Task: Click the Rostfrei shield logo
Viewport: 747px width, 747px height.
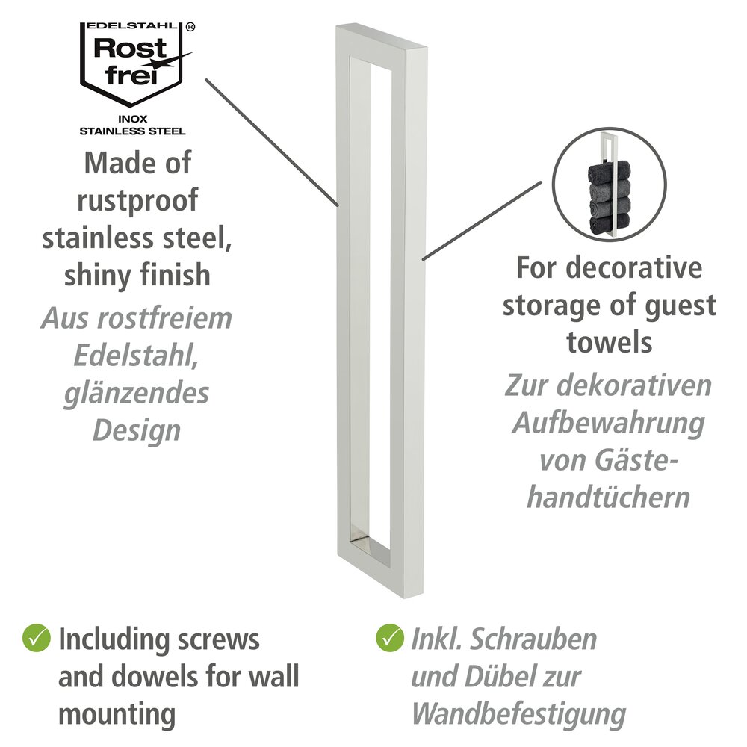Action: point(136,64)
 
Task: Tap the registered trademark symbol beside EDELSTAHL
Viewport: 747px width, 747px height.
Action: point(190,28)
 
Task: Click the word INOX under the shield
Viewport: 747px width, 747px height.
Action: point(133,119)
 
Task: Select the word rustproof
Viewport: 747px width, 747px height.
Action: point(137,200)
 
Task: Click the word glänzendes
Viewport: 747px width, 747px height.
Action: point(137,394)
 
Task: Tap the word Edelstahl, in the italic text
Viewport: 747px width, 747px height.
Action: point(136,356)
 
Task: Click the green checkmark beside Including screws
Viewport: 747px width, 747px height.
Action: point(36,639)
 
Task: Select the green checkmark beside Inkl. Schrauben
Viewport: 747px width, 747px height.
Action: point(390,639)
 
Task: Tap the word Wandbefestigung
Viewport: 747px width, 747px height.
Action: point(518,715)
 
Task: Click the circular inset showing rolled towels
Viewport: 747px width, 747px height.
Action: point(609,185)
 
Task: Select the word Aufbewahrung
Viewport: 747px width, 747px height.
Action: point(608,424)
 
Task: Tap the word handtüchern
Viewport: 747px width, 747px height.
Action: point(608,498)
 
